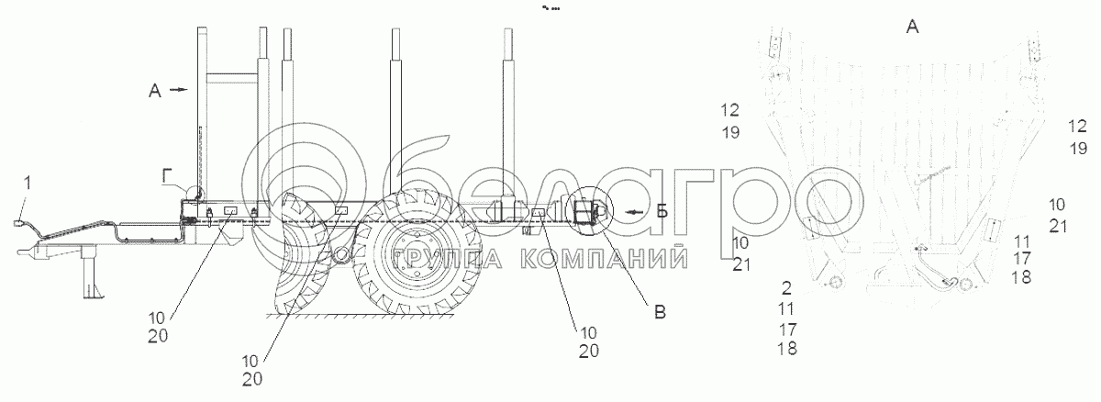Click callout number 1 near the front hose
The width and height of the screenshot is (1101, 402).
pos(28,184)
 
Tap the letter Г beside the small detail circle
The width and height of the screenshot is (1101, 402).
pos(167,174)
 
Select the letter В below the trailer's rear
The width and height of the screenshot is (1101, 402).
pos(660,312)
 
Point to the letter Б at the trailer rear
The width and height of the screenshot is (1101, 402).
pos(662,211)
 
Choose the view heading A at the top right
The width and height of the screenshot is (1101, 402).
pos(912,27)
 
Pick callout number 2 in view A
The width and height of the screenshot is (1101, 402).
pos(786,287)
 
